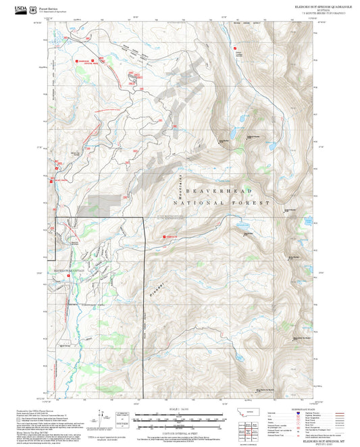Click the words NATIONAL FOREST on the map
(x=221, y=203)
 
